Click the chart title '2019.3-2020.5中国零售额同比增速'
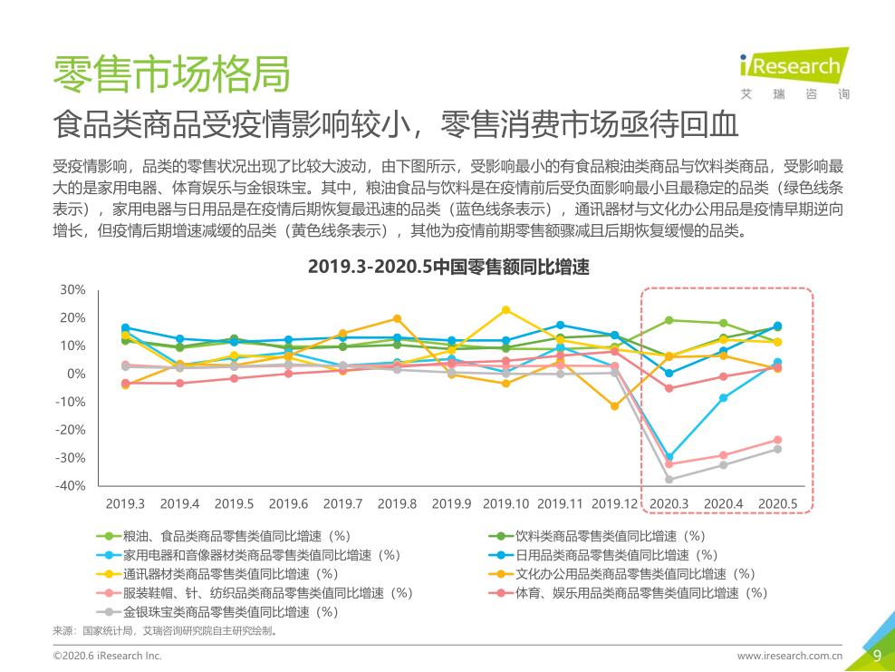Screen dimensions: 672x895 click(x=448, y=267)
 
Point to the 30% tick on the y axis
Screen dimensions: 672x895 click(x=72, y=289)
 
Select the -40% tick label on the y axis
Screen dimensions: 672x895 click(x=71, y=486)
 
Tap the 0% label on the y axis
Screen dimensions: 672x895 click(x=76, y=374)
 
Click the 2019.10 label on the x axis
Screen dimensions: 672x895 click(x=505, y=503)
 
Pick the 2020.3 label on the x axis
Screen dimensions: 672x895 click(x=669, y=503)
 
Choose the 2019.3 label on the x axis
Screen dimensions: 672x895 click(x=125, y=503)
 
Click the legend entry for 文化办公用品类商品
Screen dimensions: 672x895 click(x=634, y=574)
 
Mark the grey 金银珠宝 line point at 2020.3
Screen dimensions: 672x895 click(x=669, y=479)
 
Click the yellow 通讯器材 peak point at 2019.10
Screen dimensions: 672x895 click(x=505, y=310)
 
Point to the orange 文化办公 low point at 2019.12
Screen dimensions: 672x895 click(x=614, y=406)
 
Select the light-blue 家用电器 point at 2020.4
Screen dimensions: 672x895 click(x=723, y=397)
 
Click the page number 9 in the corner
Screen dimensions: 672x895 click(x=876, y=656)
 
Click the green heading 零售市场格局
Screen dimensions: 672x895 click(x=172, y=73)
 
